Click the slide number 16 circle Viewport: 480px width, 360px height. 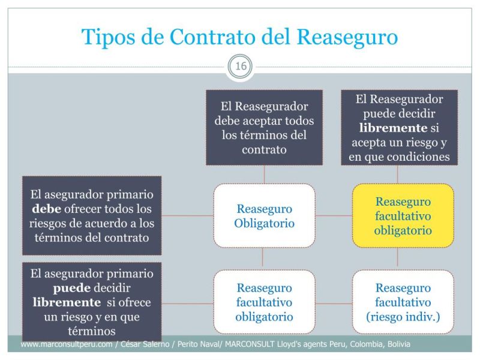click(241, 67)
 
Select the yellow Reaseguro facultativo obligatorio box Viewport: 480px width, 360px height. click(403, 216)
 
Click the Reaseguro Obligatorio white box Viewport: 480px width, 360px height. click(264, 216)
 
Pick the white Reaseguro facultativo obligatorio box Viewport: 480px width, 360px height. click(264, 302)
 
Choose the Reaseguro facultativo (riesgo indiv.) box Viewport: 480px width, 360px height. click(403, 302)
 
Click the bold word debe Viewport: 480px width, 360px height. click(45, 209)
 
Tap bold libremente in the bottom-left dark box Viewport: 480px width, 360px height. click(67, 302)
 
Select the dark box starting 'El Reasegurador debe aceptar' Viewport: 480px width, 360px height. click(264, 127)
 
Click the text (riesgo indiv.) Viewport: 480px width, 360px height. click(403, 316)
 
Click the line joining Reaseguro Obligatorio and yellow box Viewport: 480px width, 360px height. click(334, 215)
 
